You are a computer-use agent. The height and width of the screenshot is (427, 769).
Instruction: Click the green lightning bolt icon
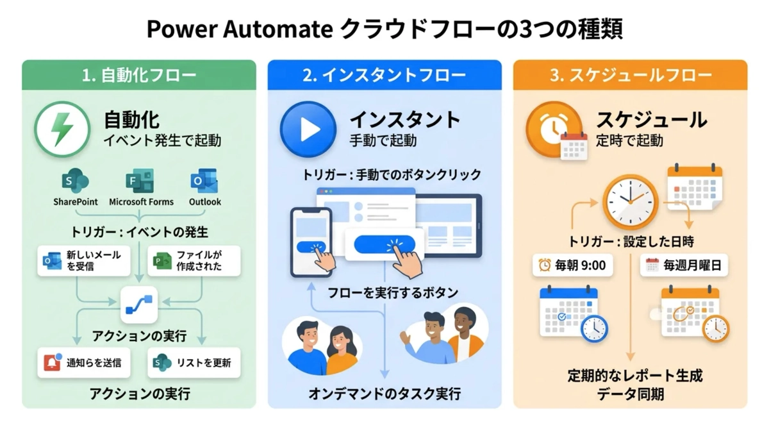[x=62, y=129]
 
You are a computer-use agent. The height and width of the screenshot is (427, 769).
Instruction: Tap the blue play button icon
[x=308, y=129]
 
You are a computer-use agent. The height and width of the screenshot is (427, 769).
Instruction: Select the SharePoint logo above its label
[x=75, y=181]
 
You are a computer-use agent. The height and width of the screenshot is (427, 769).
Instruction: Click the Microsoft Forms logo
[x=140, y=181]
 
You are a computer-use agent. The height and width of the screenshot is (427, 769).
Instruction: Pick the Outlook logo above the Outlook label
[x=204, y=181]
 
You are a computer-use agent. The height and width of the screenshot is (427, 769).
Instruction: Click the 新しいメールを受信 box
[x=84, y=261]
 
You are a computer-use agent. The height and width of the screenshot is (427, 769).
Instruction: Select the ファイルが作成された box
[x=194, y=261]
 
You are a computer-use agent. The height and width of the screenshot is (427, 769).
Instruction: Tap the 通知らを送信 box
[x=84, y=363]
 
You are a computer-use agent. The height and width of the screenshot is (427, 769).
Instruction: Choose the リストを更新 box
[x=194, y=363]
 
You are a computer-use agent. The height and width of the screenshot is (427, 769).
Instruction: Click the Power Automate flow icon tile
[x=139, y=305]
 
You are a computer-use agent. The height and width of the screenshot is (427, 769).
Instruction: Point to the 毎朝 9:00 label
[x=573, y=265]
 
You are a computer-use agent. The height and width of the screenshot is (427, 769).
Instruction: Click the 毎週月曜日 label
[x=684, y=265]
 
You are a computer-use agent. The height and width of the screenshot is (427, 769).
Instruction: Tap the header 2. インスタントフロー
[x=384, y=75]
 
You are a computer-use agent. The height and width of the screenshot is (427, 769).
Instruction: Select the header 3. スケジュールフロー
[x=631, y=75]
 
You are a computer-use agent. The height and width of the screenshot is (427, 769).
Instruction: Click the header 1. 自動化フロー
[x=139, y=75]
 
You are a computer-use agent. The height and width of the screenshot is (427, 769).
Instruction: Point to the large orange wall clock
[x=631, y=202]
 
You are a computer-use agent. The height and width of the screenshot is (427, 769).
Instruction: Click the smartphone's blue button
[x=311, y=247]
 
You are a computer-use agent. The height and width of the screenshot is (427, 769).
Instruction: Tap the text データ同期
[x=631, y=394]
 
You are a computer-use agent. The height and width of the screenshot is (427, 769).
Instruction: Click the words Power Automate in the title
[x=240, y=29]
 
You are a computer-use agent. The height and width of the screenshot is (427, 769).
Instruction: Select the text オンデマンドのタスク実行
[x=384, y=394]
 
